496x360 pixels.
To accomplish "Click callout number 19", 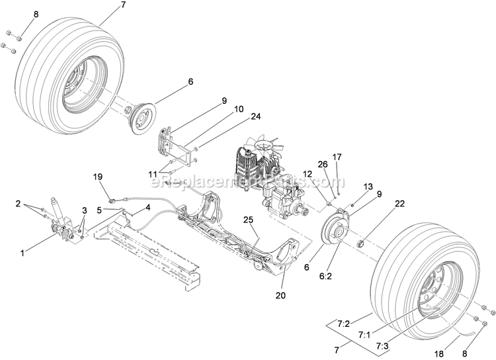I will point(98,177).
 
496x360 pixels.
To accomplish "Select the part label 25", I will point(248,219).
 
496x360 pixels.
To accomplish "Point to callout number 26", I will point(322,165).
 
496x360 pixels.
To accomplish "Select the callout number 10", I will point(238,109).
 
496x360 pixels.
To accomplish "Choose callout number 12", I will point(308,174).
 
